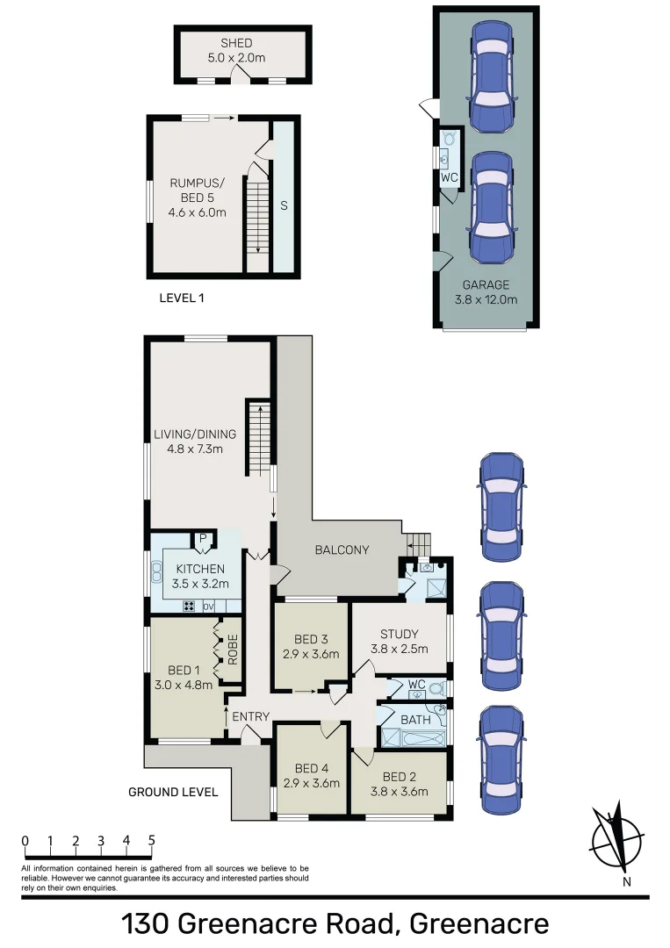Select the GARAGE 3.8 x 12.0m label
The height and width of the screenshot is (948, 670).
pyautogui.click(x=486, y=291)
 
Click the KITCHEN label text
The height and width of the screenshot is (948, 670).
pyautogui.click(x=199, y=570)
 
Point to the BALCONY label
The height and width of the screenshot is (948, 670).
pyautogui.click(x=342, y=550)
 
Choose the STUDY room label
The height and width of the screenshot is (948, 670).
pyautogui.click(x=399, y=635)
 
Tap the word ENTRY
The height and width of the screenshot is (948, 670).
pyautogui.click(x=250, y=717)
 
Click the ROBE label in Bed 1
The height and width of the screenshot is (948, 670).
pyautogui.click(x=233, y=648)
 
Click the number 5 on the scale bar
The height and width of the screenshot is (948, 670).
pyautogui.click(x=152, y=840)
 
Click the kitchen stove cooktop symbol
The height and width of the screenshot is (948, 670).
pyautogui.click(x=189, y=607)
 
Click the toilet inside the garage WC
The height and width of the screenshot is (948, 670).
pyautogui.click(x=450, y=139)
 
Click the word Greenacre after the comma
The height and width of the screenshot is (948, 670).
pyautogui.click(x=479, y=924)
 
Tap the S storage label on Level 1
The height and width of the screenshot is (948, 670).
pyautogui.click(x=283, y=205)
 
